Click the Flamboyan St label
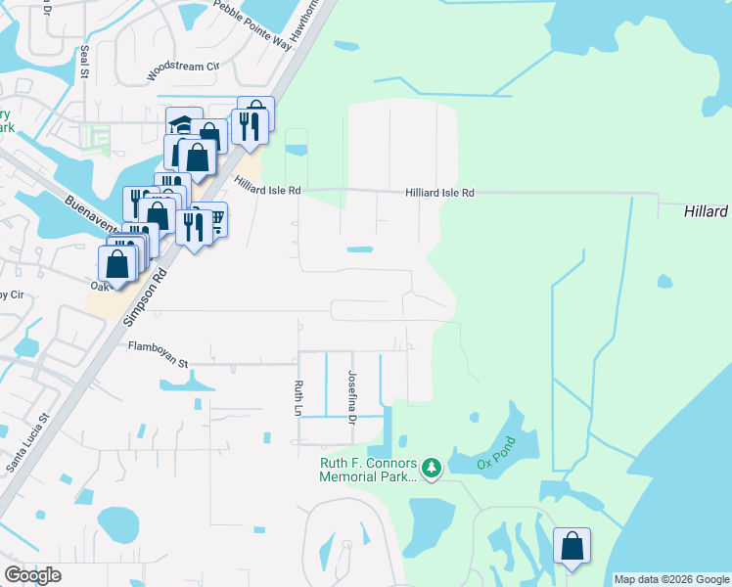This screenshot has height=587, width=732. (157, 353)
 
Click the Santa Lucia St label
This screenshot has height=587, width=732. (29, 445)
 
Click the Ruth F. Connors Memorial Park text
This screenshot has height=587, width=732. (368, 470)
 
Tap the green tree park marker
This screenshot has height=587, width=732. (431, 470)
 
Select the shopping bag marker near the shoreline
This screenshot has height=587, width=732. (572, 547)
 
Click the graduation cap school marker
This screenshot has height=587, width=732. (182, 123)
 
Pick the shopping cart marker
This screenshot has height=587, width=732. (212, 219)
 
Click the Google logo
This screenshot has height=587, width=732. (32, 575)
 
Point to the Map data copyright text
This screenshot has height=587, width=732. (672, 579)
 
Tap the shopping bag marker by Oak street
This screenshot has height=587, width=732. (116, 264)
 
